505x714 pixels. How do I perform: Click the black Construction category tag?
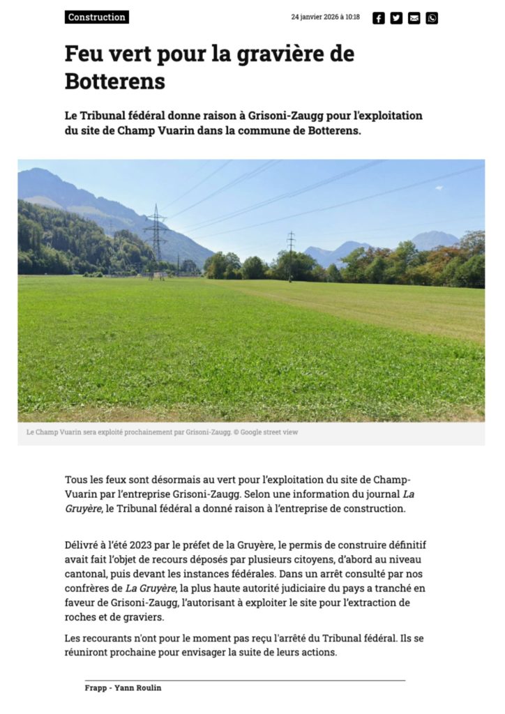[97, 17]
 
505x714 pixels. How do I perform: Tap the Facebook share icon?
[379, 18]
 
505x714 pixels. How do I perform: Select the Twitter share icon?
[396, 18]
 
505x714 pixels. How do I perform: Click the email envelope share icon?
[414, 18]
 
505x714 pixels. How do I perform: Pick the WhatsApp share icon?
[432, 18]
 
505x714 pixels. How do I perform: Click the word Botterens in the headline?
[114, 82]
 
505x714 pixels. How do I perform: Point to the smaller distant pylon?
[291, 255]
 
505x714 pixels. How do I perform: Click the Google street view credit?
[269, 432]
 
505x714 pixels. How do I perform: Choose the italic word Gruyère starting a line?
[82, 509]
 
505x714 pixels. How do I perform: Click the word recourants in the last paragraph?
[106, 638]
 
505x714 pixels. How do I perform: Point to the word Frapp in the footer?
[96, 688]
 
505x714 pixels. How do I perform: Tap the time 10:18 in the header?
[352, 17]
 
